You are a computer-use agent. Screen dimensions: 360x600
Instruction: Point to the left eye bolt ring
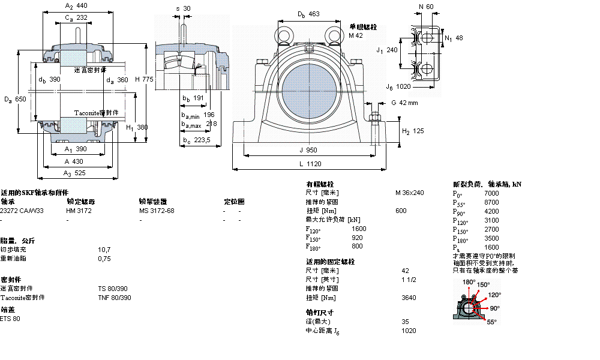tap(283, 33)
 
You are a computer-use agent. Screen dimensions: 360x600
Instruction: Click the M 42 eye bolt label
tap(356, 36)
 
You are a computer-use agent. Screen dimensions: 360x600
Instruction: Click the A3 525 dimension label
tap(76, 172)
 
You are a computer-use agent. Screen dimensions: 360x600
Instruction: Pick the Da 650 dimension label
tap(14, 98)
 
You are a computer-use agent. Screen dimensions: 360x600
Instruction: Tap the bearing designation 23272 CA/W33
tap(22, 211)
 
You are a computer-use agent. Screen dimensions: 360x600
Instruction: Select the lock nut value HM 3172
tap(79, 211)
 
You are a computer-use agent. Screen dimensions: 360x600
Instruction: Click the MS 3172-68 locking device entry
tap(157, 211)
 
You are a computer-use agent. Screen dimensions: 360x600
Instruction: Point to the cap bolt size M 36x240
tap(409, 193)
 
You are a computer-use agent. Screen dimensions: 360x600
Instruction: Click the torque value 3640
tap(409, 298)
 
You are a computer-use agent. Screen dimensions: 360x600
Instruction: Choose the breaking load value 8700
tap(491, 202)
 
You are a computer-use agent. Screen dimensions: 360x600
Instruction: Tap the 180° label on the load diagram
tap(469, 282)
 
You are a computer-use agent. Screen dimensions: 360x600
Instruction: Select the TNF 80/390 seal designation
tap(114, 298)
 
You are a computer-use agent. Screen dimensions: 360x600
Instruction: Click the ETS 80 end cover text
tap(10, 319)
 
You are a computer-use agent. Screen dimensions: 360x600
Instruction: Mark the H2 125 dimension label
tap(412, 131)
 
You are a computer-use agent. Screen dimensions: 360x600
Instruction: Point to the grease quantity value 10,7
tap(104, 249)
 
